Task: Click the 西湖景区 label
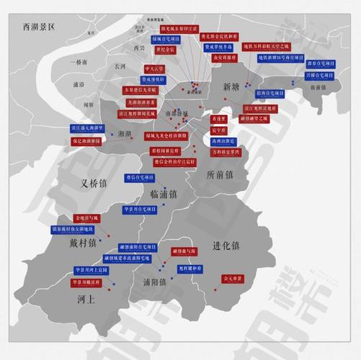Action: tap(43, 27)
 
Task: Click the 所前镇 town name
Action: tap(220, 175)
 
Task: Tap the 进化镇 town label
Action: tap(226, 246)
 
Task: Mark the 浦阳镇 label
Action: tap(155, 282)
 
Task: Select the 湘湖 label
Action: tap(123, 134)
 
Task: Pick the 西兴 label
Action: tap(140, 48)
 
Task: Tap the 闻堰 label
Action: tap(89, 105)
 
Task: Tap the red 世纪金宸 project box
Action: tap(166, 50)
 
